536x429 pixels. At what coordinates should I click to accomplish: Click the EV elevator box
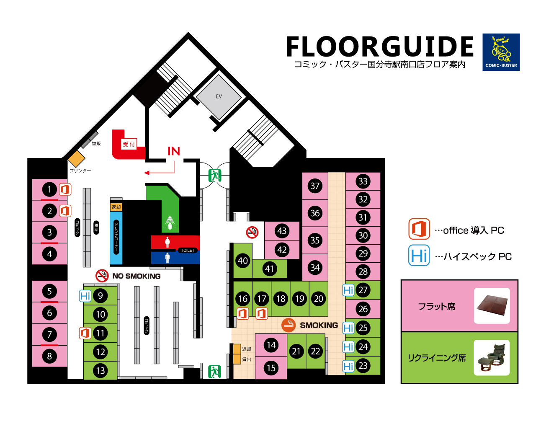219,97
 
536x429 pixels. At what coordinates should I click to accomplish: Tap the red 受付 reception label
129,144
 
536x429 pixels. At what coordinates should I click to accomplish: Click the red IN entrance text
174,151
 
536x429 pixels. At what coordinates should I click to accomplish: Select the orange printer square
77,158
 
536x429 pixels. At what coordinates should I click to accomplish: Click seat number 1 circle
49,190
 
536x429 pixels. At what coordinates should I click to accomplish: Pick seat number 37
315,186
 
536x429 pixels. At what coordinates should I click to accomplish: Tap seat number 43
282,230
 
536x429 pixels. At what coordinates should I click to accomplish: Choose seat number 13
100,370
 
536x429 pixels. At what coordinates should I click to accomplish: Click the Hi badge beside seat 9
85,296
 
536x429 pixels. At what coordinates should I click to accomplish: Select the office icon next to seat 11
85,333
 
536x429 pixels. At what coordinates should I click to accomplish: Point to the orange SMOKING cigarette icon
289,325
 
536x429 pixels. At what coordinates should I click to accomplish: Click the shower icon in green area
170,222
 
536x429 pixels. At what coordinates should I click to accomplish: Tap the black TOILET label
188,250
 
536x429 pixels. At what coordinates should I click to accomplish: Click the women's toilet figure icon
167,242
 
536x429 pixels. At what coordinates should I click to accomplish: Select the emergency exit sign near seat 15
215,372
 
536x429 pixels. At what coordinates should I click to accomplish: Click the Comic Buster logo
501,52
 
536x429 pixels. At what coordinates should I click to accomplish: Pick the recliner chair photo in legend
492,357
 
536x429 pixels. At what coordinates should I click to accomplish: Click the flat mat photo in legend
492,306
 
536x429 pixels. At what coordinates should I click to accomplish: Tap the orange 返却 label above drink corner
116,207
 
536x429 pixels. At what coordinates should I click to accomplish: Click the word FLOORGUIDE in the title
380,47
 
